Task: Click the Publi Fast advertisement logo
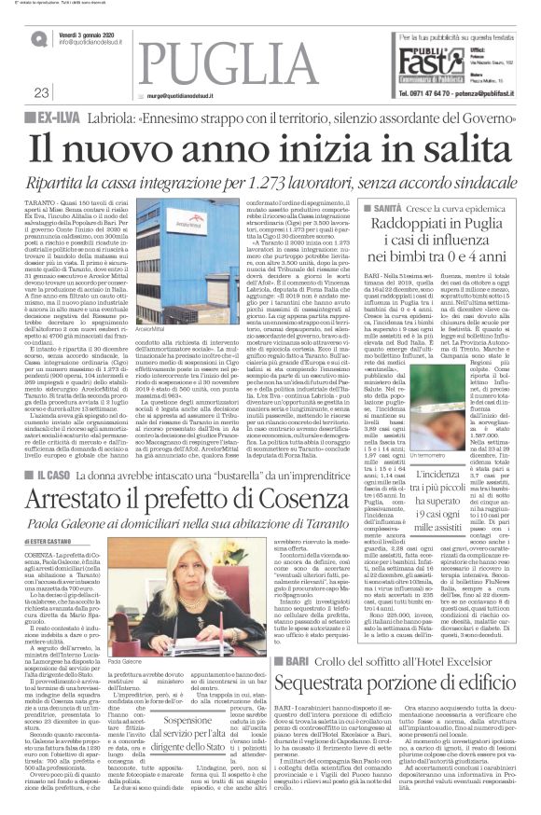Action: [427, 64]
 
